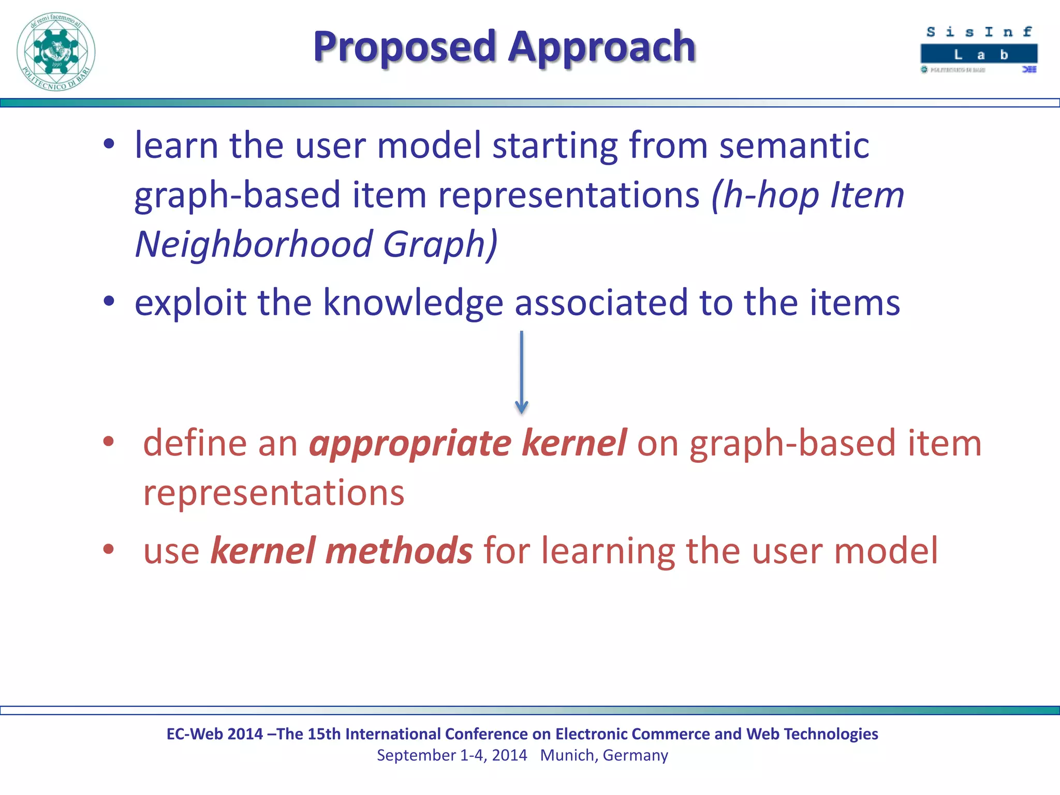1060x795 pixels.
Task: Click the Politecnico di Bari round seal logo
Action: [56, 52]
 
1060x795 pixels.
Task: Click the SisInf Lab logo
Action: [979, 50]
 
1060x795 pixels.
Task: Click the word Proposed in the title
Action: [404, 48]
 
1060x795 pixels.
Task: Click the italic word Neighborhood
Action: [254, 244]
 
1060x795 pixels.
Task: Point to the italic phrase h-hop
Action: [771, 196]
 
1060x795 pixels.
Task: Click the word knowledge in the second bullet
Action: [413, 303]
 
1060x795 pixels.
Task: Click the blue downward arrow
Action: [521, 373]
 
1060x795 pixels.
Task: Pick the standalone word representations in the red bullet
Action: [274, 493]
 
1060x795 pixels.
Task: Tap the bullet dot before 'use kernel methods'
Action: [108, 549]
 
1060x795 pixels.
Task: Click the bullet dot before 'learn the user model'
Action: [108, 144]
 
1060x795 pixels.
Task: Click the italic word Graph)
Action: [440, 244]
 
